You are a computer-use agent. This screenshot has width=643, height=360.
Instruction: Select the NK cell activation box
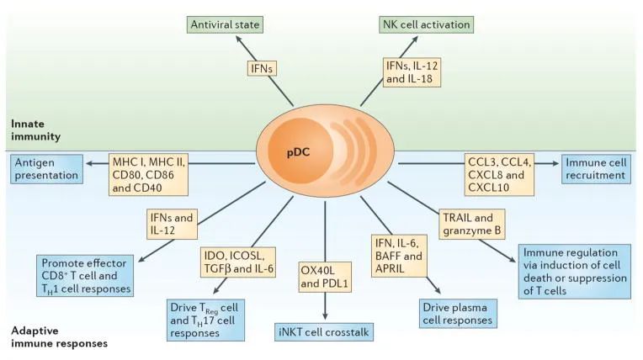pos(423,23)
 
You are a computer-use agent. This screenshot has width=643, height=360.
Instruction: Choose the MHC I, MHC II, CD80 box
pos(148,174)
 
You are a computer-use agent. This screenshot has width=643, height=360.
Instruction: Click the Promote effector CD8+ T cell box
pos(87,273)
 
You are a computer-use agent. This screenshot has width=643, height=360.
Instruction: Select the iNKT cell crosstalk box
pos(323,336)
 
